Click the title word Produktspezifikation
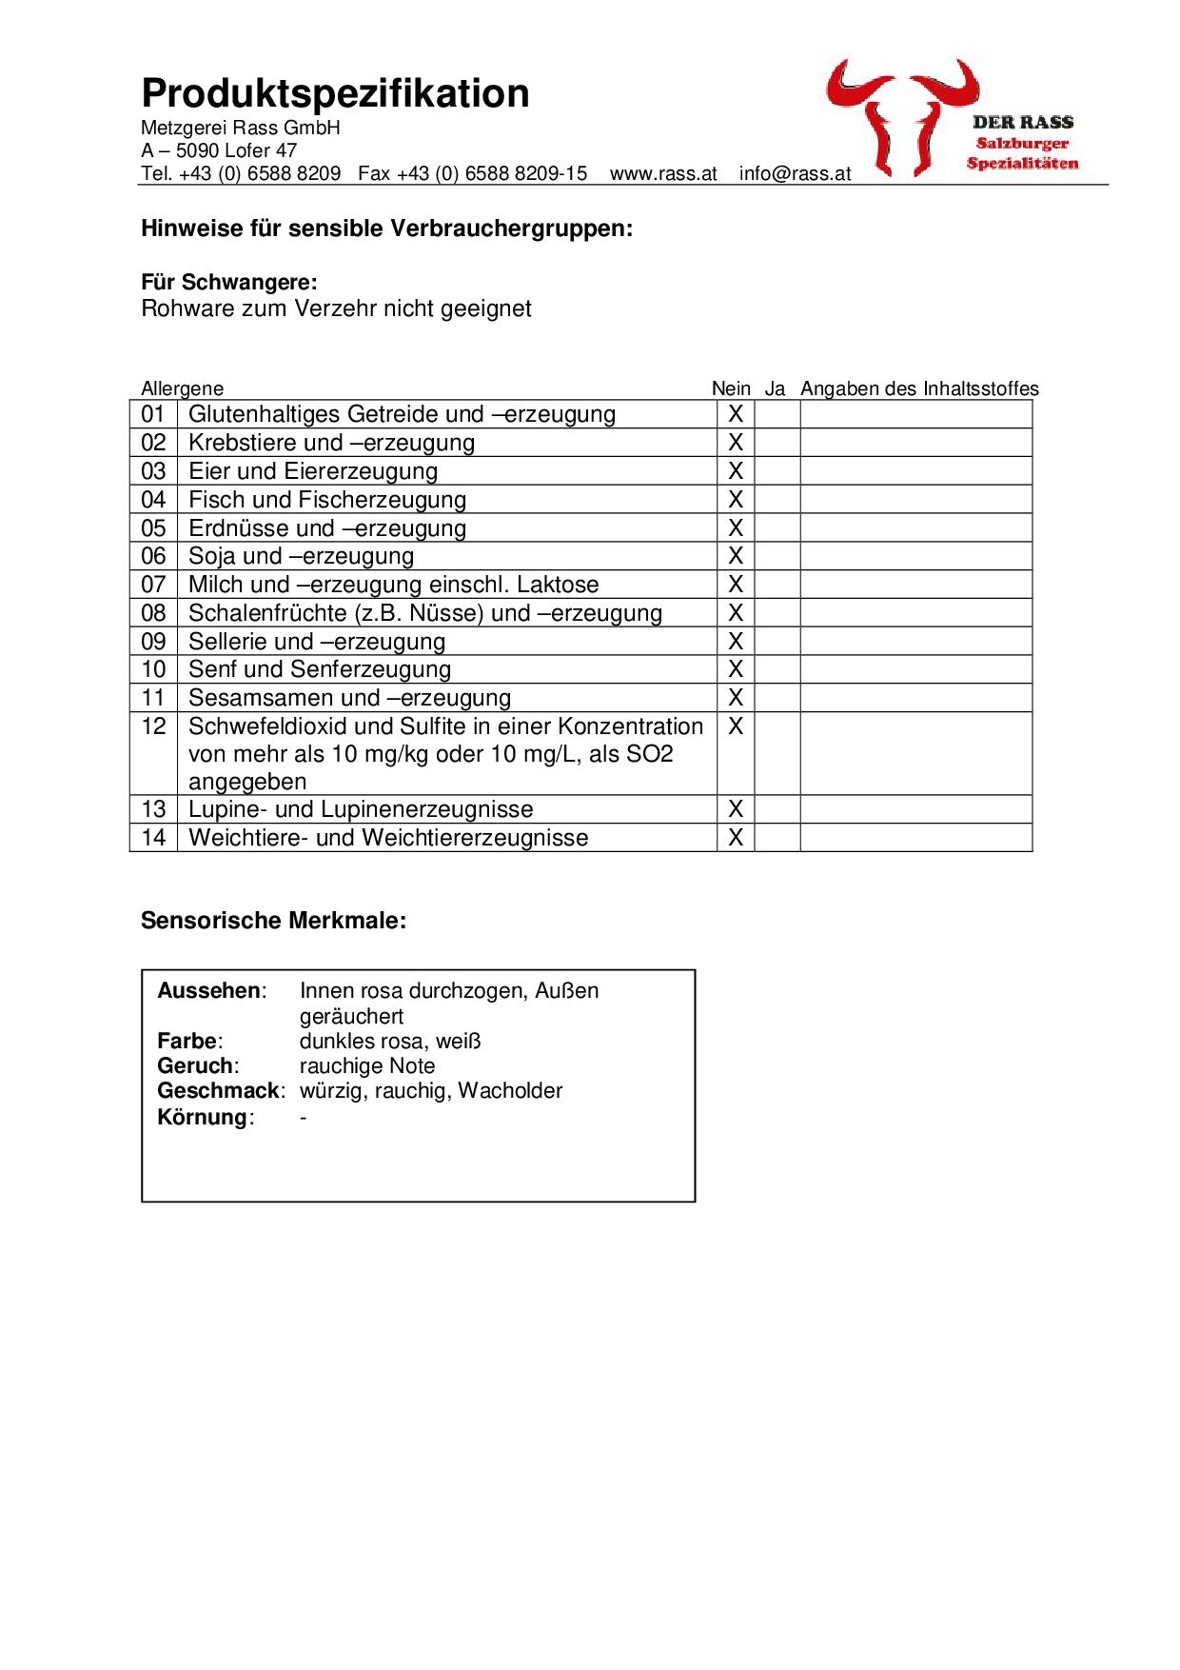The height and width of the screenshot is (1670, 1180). coord(335,94)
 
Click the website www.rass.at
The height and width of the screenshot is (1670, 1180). coord(663,174)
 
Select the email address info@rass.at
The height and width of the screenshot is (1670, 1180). coord(795,174)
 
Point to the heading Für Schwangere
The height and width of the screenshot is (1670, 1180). coord(228,283)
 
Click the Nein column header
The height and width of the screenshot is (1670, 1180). coord(731,388)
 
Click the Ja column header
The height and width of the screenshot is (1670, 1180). coord(775,388)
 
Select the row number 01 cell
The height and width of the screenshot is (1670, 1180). coord(153,414)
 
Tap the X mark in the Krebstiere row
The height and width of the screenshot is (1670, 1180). coord(736,443)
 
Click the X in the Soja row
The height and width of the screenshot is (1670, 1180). coord(736,556)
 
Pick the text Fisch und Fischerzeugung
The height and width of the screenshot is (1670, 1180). coord(327,500)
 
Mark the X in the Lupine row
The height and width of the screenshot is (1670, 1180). coord(736,809)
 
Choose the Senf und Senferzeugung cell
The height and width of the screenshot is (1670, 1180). coord(320,669)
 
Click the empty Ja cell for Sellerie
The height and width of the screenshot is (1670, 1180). coord(777,642)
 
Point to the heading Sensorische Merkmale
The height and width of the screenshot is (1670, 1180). coord(273,921)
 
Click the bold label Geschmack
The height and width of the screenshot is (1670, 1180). coord(219,1091)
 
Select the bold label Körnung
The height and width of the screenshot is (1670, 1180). coord(203,1117)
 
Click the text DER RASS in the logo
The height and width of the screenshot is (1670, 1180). coord(1022,122)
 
